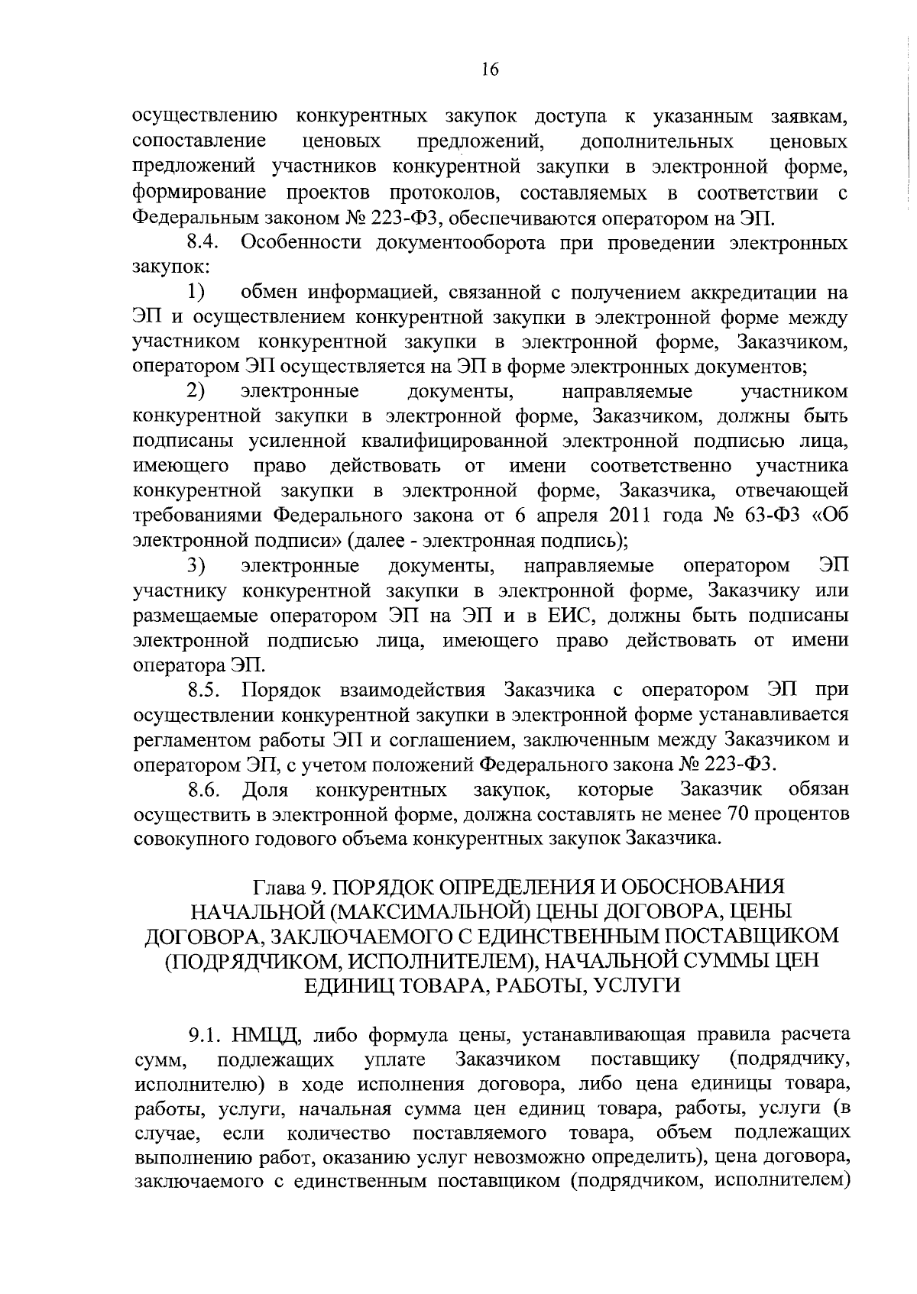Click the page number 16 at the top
tap(490, 70)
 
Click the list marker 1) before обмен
tap(196, 293)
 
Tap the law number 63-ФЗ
tap(771, 516)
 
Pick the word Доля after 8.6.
tap(264, 789)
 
